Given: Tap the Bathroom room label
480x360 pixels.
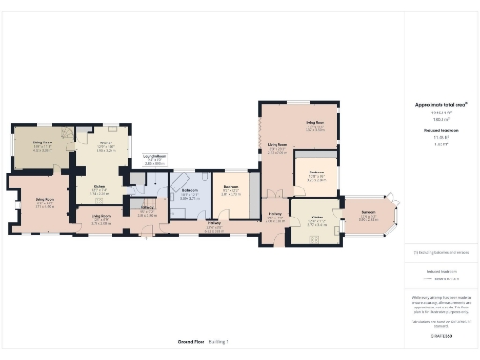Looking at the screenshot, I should (x=188, y=194).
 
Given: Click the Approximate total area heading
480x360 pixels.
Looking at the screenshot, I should (x=440, y=105).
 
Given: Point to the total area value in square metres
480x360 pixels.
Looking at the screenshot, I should (x=440, y=120).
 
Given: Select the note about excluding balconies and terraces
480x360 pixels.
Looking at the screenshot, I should (x=440, y=252).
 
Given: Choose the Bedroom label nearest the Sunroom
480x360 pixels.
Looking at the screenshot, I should (x=316, y=174).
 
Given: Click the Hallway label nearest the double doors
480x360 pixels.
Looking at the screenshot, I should (x=275, y=216).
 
